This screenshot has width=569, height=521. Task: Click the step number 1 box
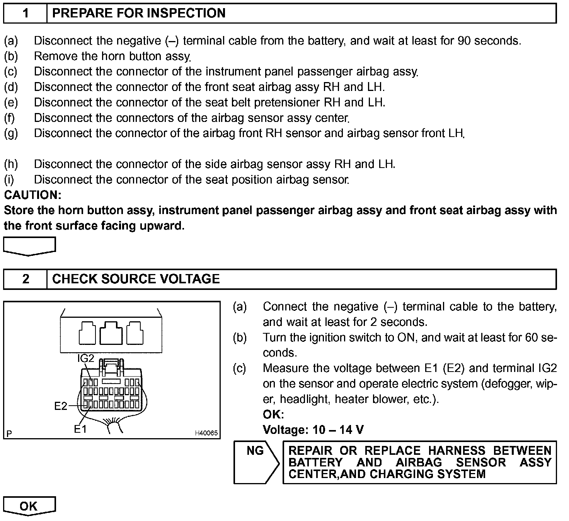(26, 13)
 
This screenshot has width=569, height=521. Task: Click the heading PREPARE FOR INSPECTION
(138, 13)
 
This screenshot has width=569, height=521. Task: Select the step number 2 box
(26, 279)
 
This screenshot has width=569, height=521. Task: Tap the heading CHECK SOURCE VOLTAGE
(136, 279)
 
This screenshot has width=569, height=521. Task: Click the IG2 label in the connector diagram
(85, 358)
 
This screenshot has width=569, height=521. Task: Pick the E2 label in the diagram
(61, 406)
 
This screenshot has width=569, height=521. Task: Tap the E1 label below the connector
(80, 429)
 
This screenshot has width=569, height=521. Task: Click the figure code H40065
(206, 433)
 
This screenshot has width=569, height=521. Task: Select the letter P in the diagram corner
(9, 433)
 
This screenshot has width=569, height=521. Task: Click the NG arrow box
(256, 462)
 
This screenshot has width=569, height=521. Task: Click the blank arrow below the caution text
(29, 246)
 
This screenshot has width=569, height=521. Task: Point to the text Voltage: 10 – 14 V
(313, 430)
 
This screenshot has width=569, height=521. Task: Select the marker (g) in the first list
(11, 133)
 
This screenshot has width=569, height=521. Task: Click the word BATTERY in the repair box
(315, 463)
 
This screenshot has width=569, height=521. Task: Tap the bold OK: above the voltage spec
(273, 415)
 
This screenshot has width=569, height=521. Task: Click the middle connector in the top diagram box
(111, 332)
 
